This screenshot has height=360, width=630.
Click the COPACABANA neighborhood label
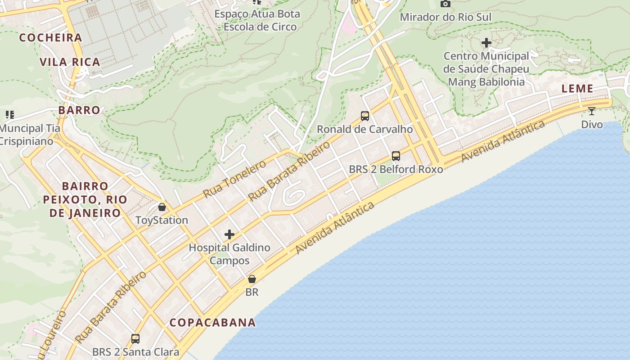(x=212, y=322)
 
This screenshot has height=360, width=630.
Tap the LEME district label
(x=577, y=89)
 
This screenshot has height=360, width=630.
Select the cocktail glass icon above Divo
(x=591, y=111)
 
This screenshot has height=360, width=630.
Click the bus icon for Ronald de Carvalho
(x=365, y=116)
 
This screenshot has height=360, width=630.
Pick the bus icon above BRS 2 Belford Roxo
(x=396, y=156)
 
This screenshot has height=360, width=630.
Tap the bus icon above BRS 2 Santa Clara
(x=135, y=338)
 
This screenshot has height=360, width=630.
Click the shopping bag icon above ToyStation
(x=162, y=207)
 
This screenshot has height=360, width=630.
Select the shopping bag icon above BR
(x=252, y=279)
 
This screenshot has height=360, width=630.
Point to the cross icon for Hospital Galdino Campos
(x=229, y=234)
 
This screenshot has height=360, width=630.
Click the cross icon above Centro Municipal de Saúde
(x=486, y=43)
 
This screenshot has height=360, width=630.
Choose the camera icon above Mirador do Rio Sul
(x=445, y=4)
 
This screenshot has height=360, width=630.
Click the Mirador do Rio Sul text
(x=445, y=17)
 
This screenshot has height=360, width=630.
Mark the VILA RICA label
(x=70, y=62)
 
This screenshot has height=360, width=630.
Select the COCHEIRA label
(x=50, y=38)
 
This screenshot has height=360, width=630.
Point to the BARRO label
(x=79, y=110)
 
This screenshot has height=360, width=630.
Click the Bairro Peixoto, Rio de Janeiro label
(x=85, y=199)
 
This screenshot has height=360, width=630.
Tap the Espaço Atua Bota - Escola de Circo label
(x=257, y=20)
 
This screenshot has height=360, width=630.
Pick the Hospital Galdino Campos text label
(x=229, y=254)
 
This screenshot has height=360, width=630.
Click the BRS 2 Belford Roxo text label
(x=396, y=169)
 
